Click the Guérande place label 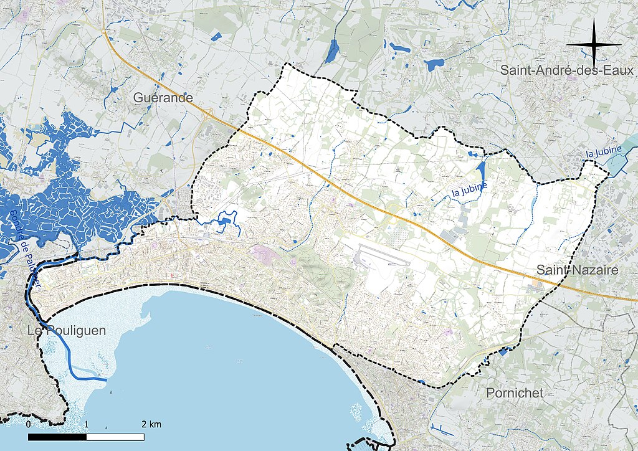point(163,98)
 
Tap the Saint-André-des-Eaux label point(566,70)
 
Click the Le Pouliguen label point(67,331)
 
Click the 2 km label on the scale point(151,424)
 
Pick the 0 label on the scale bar point(29,424)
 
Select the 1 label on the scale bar point(87,424)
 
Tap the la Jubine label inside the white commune point(470,189)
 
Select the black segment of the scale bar point(57,437)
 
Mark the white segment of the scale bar point(115,437)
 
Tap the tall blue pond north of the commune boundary point(333,50)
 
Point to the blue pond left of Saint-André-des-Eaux point(434,64)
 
